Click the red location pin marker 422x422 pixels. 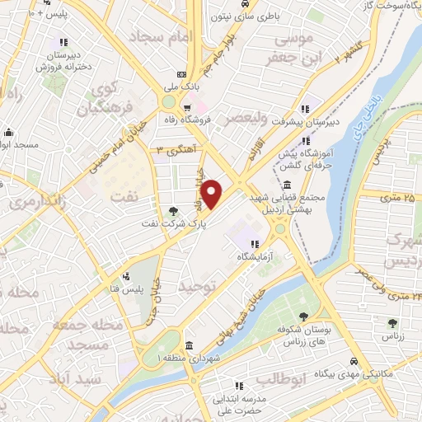pyautogui.click(x=213, y=194)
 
